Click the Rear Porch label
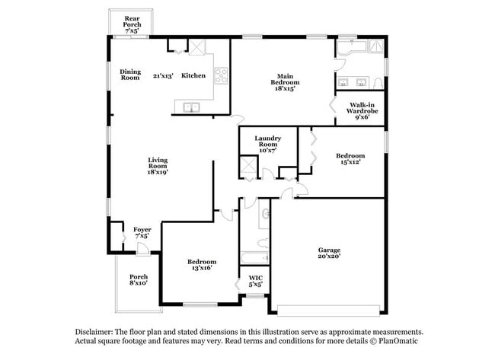click(133, 24)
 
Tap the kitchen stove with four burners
click(221, 76)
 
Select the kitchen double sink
click(191, 107)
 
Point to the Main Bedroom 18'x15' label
click(285, 82)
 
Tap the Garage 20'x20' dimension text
click(329, 256)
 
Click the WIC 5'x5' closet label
click(256, 281)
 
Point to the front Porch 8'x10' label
click(139, 280)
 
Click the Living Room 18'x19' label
click(158, 166)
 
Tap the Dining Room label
click(130, 75)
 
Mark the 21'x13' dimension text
click(163, 75)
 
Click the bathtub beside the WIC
click(255, 258)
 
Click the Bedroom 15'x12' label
click(350, 159)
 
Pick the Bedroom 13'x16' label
click(202, 265)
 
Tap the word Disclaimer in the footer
click(94, 332)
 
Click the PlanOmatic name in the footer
click(398, 341)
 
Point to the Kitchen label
click(193, 75)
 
